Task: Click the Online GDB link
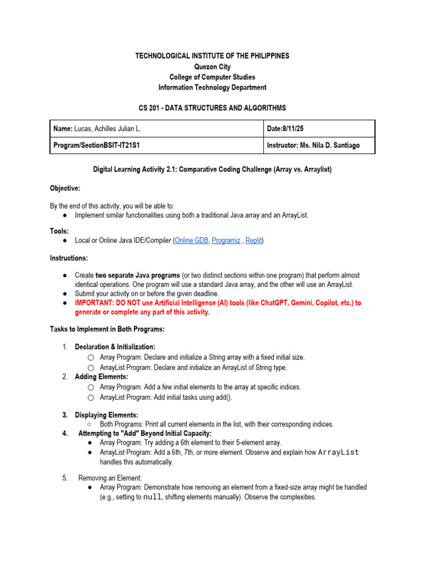pos(191,241)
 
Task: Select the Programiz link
pos(226,241)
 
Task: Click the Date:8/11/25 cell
pos(285,128)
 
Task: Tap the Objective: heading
pos(65,188)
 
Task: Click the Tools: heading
pos(59,230)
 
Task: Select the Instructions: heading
pos(69,258)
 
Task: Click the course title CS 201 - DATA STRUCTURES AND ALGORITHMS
pos(212,108)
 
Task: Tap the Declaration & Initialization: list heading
pos(115,347)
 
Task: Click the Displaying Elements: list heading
pos(107,415)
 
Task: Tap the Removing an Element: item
pos(110,477)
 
